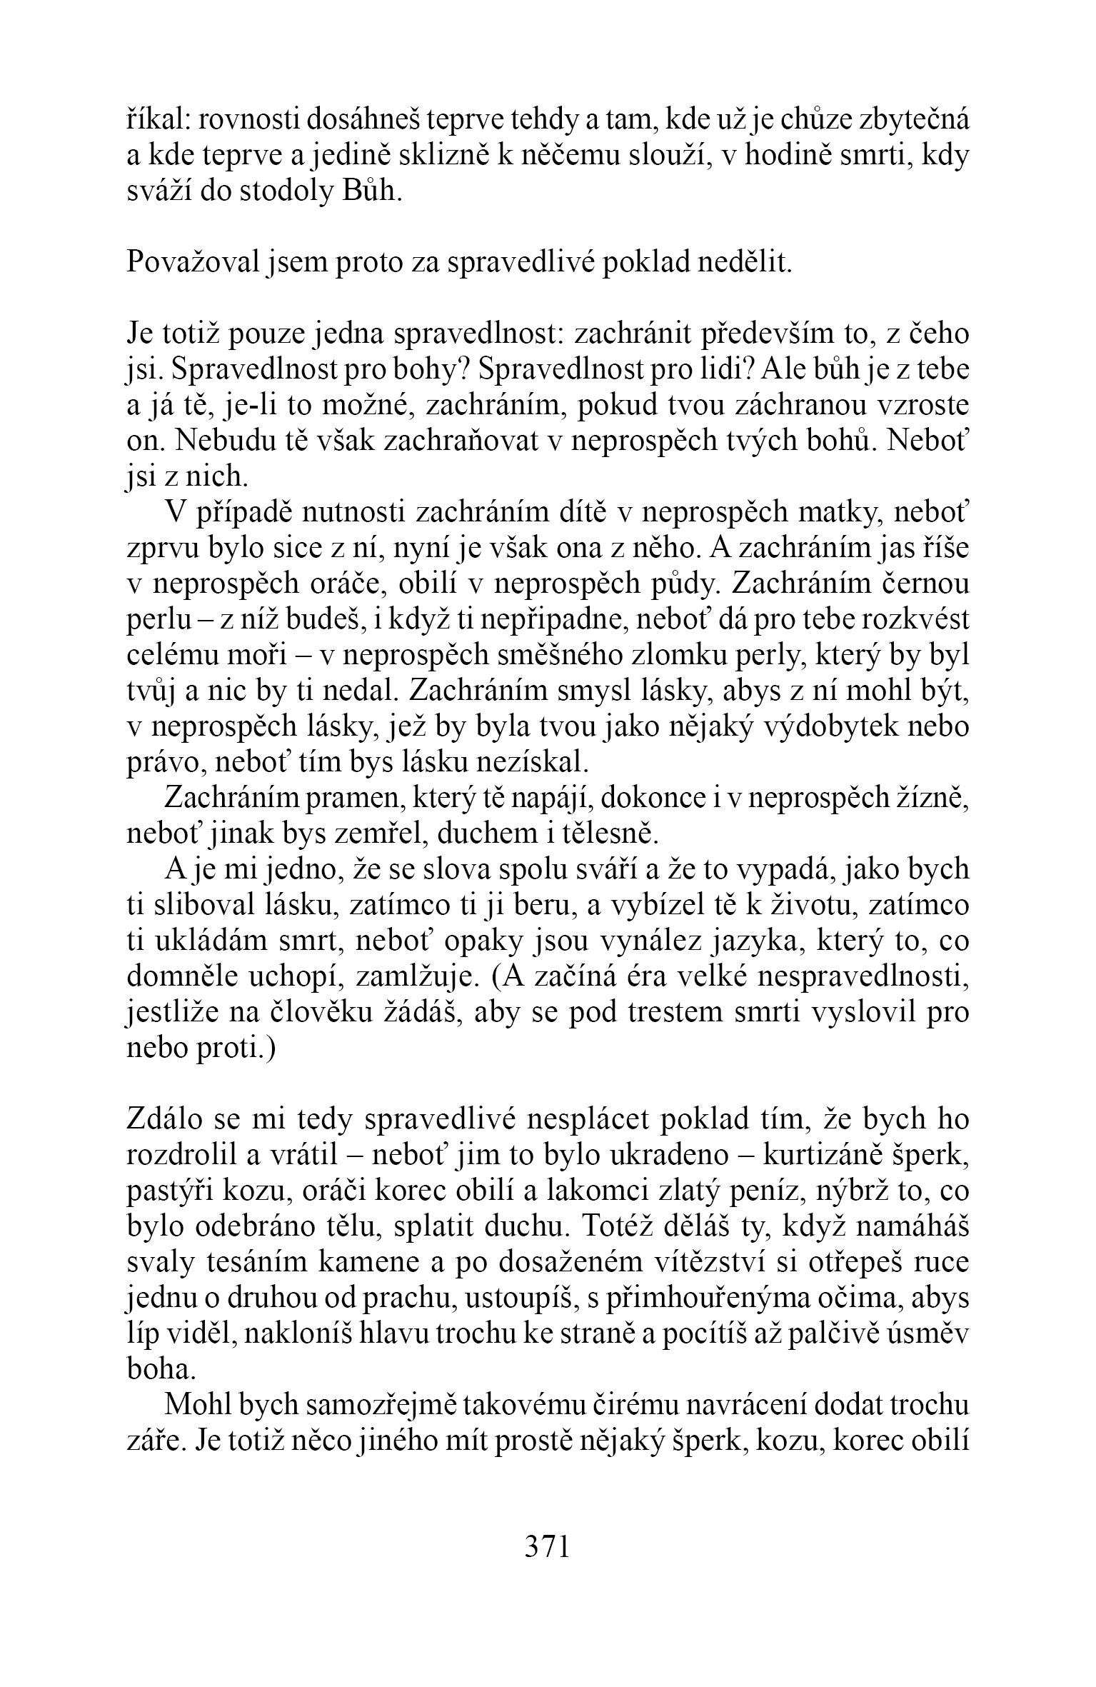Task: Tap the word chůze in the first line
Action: click(793, 122)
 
